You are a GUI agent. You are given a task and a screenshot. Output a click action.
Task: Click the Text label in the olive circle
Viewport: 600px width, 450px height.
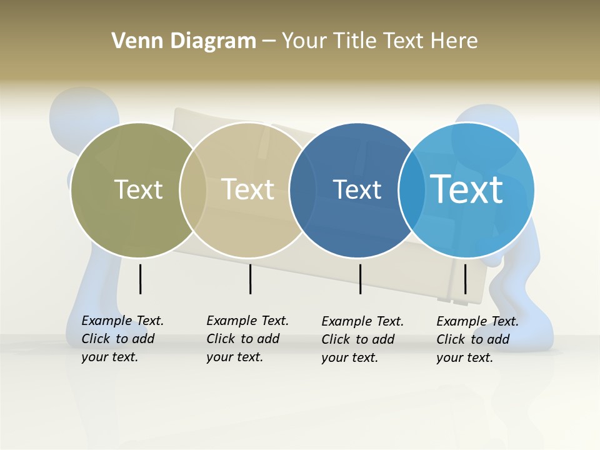coord(138,189)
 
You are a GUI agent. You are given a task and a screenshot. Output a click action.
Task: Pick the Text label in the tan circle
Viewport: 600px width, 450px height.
coord(248,189)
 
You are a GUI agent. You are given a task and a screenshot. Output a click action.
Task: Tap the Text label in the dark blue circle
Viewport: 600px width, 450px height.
coord(357,189)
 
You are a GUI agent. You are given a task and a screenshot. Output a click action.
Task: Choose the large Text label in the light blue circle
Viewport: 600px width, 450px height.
coord(467,189)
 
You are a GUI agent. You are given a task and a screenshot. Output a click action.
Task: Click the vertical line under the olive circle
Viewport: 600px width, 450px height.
coord(140,279)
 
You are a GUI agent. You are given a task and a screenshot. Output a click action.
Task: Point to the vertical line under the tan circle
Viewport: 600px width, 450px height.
coord(250,279)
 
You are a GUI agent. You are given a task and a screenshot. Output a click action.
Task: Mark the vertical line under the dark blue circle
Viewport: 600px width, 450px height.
coord(360,279)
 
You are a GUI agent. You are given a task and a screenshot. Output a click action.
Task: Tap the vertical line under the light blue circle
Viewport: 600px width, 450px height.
coord(465,279)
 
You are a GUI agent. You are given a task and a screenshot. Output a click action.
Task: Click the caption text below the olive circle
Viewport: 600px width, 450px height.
coord(122,339)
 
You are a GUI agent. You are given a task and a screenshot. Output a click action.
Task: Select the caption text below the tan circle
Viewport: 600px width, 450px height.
coord(247,339)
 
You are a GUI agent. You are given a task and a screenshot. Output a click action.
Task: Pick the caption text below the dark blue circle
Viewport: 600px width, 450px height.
coord(362,339)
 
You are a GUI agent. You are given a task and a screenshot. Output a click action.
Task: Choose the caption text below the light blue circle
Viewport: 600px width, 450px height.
coord(477,339)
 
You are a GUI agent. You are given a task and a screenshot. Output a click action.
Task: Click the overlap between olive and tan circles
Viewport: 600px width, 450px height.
coord(193,190)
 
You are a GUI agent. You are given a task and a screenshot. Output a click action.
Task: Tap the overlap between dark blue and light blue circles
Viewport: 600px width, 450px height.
coord(412,190)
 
